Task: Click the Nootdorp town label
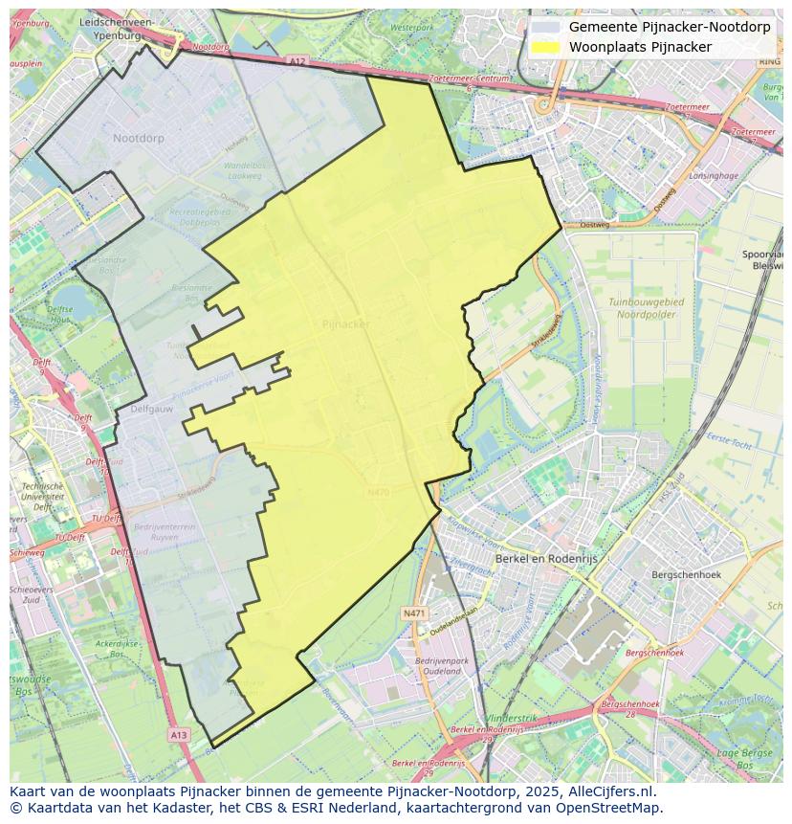coord(138,139)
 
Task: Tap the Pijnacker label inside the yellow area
coord(345,323)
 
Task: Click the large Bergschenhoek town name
coord(685,574)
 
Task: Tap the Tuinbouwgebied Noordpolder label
coord(646,307)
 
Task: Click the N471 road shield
coord(413,612)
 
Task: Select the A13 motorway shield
coord(179,734)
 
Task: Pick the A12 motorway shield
coord(297,61)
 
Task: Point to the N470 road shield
coord(379,493)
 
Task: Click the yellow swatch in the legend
coord(545,46)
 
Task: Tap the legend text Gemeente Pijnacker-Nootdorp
coord(669,27)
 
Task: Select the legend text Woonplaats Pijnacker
coord(640,46)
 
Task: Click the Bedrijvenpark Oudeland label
coord(441,667)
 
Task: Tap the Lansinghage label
coord(714,176)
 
